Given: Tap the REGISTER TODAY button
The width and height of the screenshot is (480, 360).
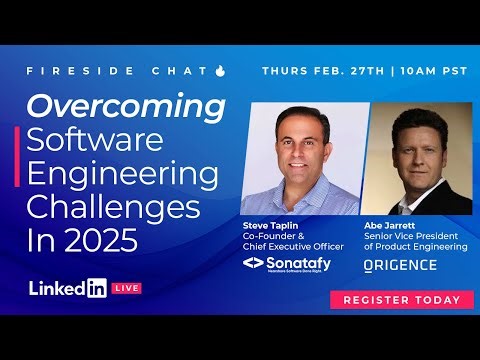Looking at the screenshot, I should tap(401, 299).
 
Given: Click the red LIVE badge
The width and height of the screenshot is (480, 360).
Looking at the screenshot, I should tap(127, 288).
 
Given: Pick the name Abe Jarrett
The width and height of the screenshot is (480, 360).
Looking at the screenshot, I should tap(387, 226).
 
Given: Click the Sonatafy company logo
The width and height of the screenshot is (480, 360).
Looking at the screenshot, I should tap(292, 264).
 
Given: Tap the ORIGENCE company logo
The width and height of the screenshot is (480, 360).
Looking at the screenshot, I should tap(400, 265).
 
